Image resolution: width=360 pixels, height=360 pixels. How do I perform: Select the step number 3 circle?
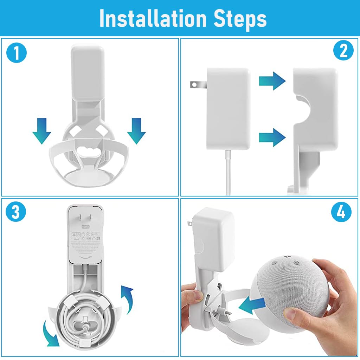point(16,213)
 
